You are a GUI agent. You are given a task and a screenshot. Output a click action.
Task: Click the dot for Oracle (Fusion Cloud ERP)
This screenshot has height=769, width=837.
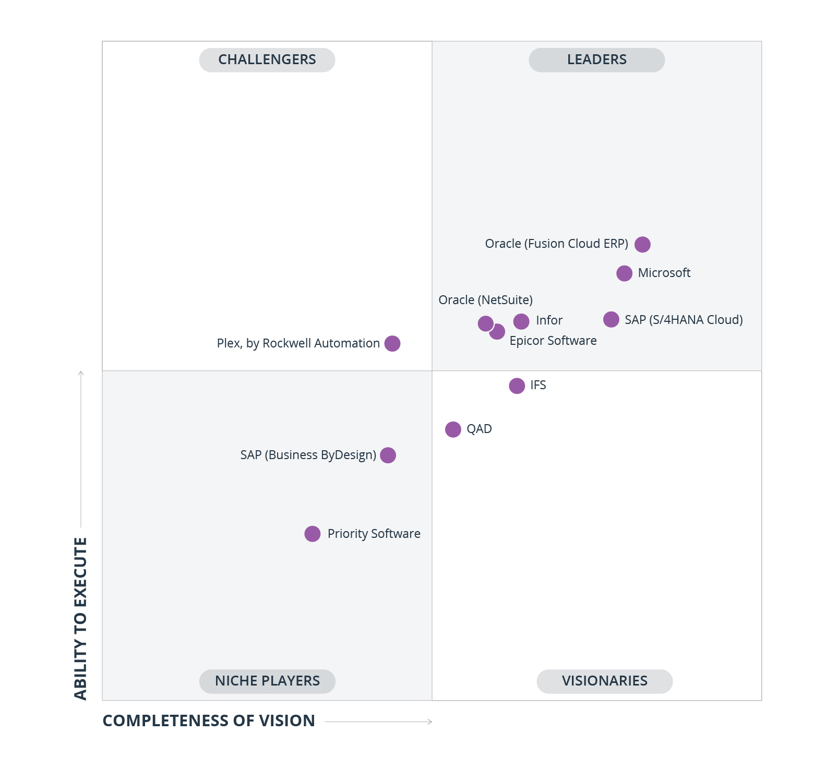[642, 244]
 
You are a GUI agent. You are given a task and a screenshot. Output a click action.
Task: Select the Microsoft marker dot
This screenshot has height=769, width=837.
[624, 273]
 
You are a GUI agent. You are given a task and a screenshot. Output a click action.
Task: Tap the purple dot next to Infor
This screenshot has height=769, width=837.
[521, 321]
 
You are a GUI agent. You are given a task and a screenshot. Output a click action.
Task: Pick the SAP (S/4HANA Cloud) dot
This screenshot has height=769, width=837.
[611, 319]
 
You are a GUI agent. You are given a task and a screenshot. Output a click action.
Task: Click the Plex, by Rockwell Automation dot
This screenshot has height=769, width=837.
[392, 343]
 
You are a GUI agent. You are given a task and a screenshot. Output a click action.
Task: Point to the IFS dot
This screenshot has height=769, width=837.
[517, 386]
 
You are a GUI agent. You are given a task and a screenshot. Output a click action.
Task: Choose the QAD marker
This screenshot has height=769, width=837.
[453, 429]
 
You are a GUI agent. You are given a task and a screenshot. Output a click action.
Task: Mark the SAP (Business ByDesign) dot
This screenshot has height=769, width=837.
[388, 455]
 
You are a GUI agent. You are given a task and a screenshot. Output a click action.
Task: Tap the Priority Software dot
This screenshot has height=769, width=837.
[313, 534]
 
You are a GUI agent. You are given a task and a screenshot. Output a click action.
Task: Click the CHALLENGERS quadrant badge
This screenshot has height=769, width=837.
[267, 60]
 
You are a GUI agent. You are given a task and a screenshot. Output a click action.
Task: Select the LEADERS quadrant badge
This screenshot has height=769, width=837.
[596, 60]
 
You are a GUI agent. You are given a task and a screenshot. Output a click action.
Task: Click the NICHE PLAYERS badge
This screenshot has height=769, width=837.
[267, 681]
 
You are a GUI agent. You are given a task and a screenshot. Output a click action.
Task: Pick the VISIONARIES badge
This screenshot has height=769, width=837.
[604, 681]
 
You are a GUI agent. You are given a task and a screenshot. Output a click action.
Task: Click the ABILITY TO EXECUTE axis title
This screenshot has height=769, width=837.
[80, 618]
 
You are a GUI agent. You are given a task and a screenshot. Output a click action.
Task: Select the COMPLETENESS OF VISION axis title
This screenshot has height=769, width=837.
[209, 720]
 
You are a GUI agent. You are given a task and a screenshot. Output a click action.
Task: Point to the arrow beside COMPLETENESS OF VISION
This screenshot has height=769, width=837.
[379, 722]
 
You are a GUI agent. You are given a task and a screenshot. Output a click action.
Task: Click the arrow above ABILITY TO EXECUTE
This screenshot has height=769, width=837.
[81, 449]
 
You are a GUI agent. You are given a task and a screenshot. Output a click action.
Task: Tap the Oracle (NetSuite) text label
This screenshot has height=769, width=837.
[485, 300]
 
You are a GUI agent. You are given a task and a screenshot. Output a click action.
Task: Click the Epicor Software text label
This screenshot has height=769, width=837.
[553, 341]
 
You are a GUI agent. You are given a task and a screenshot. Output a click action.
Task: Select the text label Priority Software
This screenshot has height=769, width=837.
[374, 534]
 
